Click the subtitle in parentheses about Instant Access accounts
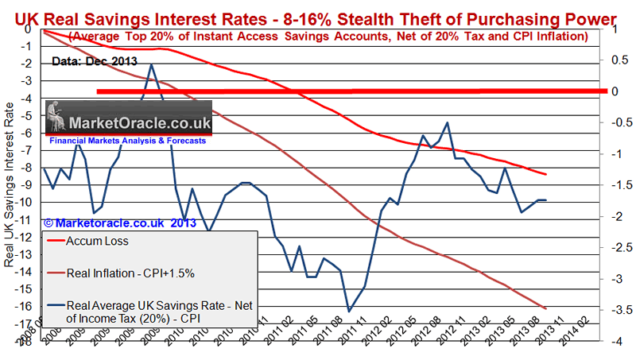[x=328, y=37]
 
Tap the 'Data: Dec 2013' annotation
[x=95, y=60]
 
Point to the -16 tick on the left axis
[x=29, y=307]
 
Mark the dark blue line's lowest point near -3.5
[x=348, y=311]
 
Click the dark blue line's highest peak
[x=151, y=65]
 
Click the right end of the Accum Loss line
[x=545, y=175]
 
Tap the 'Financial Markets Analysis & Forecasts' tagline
[x=127, y=141]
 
